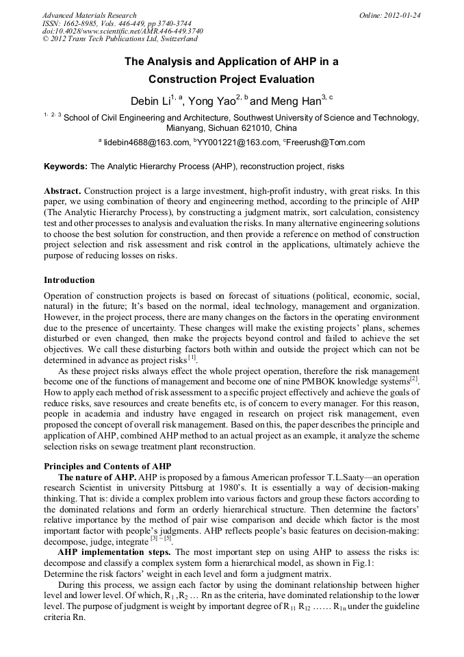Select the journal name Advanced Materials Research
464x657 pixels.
tap(89, 15)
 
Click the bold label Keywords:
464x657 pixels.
tap(66, 166)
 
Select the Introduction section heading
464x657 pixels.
tap(69, 280)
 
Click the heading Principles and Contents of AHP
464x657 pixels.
tap(107, 467)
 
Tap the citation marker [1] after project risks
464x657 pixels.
tap(192, 358)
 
